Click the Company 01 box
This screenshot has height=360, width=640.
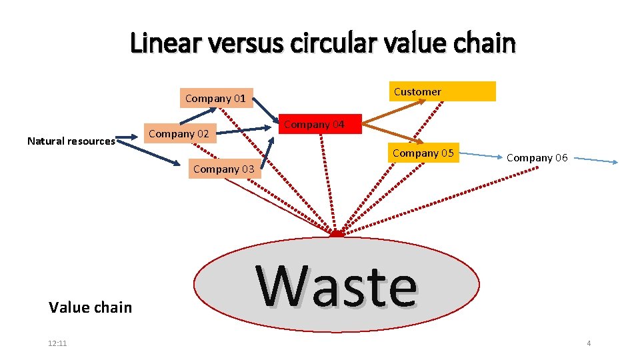(x=215, y=99)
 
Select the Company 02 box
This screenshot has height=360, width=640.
(x=179, y=134)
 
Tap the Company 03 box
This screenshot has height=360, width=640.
(x=223, y=169)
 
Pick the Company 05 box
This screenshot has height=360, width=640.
(x=423, y=153)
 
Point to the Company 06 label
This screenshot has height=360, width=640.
(x=537, y=158)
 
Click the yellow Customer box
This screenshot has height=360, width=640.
(x=442, y=91)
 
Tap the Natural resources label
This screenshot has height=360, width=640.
(x=71, y=141)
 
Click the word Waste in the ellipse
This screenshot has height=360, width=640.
(x=337, y=287)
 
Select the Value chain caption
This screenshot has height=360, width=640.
(x=91, y=307)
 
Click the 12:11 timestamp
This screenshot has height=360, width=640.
(x=57, y=343)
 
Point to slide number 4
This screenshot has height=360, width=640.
(x=589, y=343)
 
